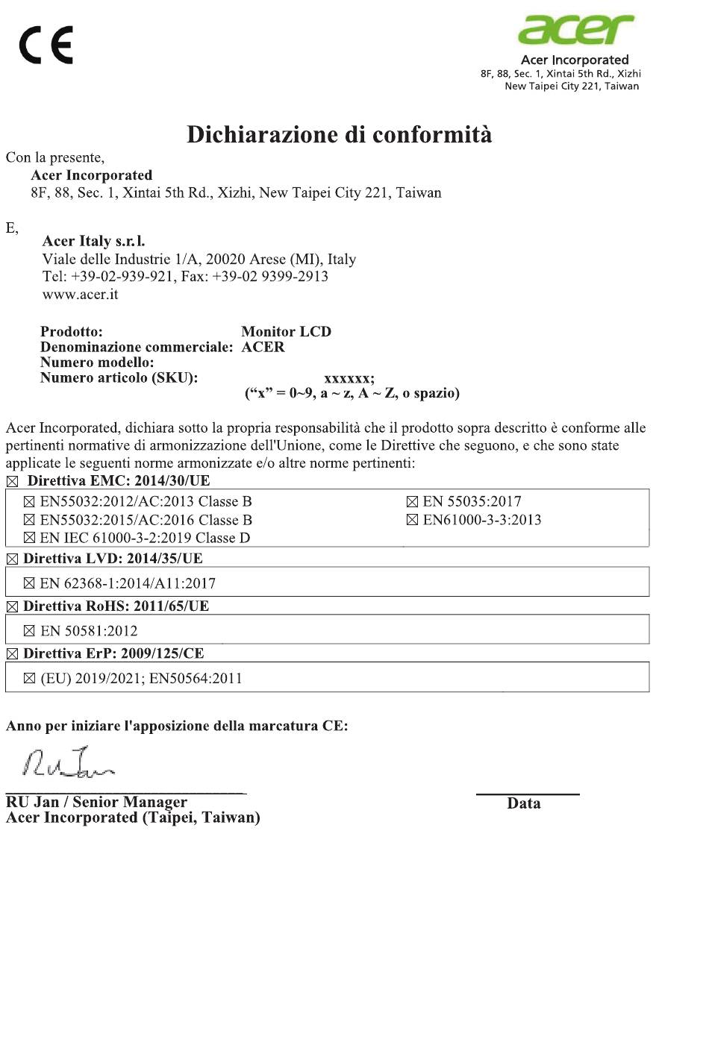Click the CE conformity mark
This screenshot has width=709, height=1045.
click(46, 45)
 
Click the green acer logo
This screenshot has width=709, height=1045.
click(576, 30)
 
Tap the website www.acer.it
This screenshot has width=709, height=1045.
click(80, 295)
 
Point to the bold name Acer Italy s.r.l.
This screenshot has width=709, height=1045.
click(93, 241)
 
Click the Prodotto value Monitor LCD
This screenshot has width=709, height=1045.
click(286, 332)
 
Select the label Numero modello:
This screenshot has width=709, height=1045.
click(97, 363)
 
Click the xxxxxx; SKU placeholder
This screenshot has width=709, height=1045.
click(349, 378)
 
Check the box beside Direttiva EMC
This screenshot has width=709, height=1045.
click(12, 482)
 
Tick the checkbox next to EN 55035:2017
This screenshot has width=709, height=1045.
click(412, 502)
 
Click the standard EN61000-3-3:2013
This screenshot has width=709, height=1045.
click(482, 520)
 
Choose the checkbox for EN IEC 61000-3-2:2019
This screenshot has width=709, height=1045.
click(29, 538)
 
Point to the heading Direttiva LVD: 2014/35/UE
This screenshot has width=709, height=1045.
click(113, 559)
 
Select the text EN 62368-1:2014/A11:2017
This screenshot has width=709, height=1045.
click(128, 583)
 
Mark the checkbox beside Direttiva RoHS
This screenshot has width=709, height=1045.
click(12, 607)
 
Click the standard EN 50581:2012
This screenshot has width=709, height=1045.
click(89, 631)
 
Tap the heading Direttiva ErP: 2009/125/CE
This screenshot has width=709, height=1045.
click(113, 653)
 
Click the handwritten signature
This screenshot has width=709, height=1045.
click(69, 762)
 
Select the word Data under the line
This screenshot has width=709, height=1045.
click(524, 803)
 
